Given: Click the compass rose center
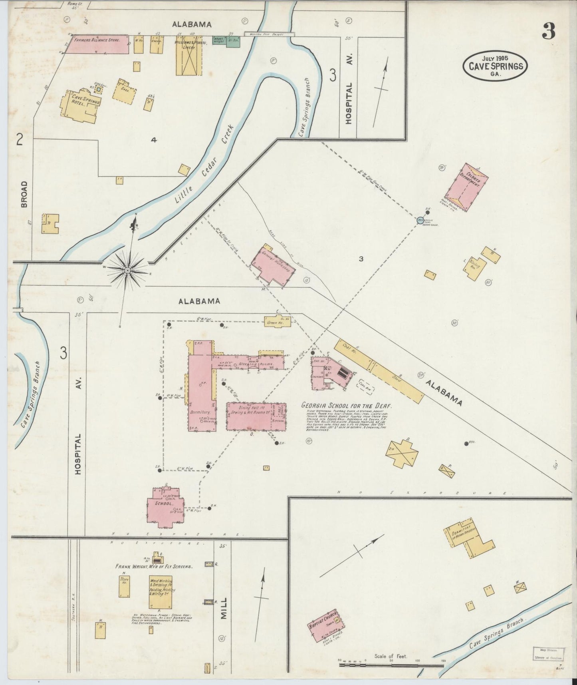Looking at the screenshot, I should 127,271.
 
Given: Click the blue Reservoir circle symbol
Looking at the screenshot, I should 420,219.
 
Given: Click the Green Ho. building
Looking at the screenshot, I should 277,321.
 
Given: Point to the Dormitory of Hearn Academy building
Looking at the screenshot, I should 467,540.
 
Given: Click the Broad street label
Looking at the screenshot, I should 24,194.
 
